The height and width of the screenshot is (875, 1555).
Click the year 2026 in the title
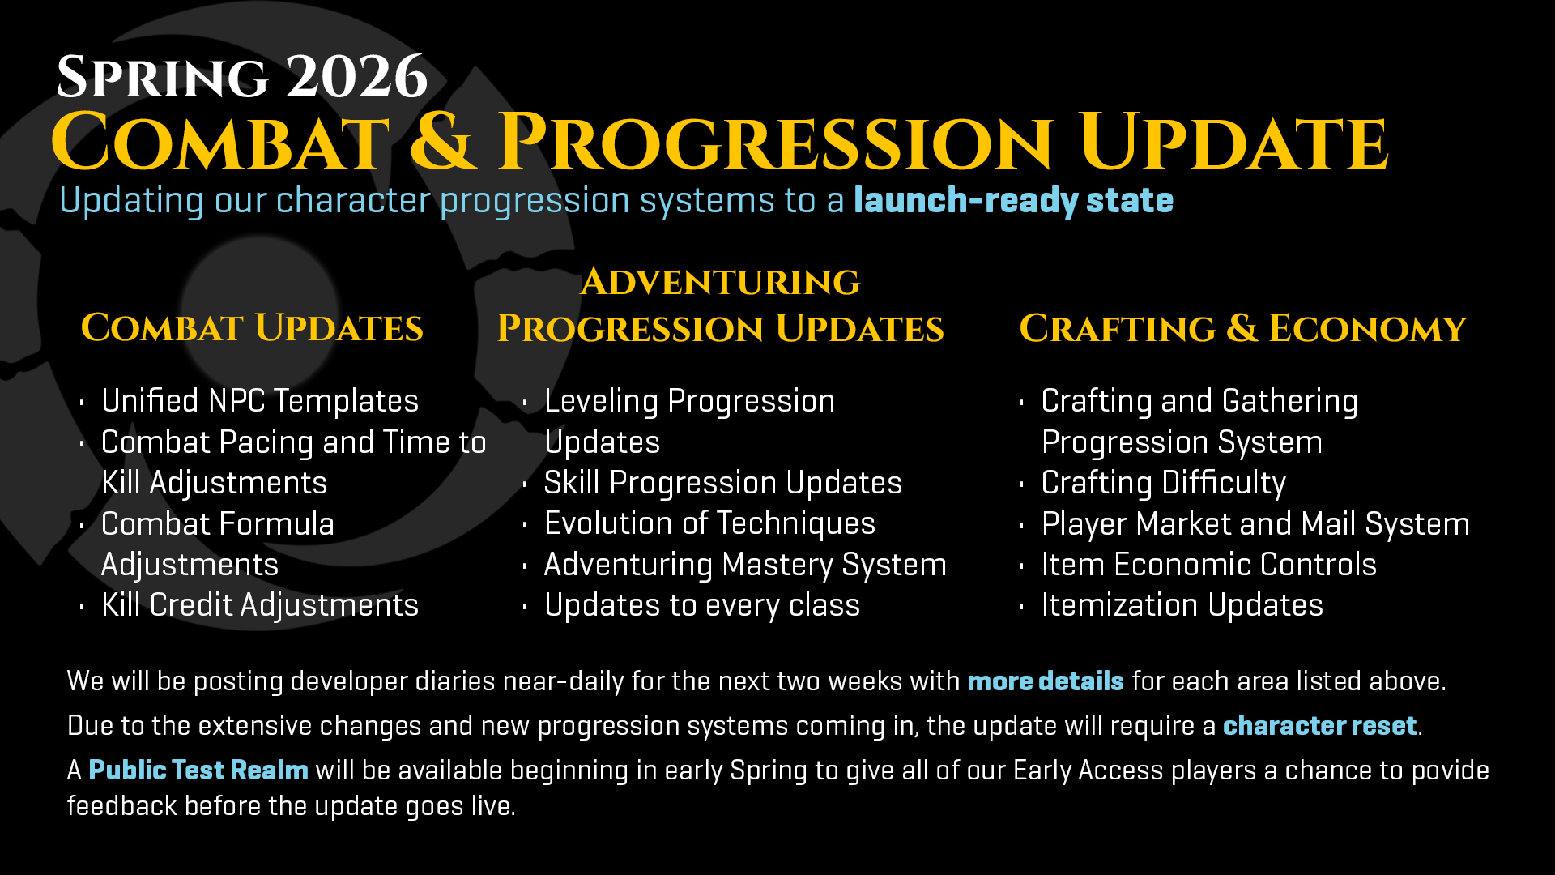pos(356,77)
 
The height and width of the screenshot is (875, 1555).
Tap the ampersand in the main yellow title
pos(443,142)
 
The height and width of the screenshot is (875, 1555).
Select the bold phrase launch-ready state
pos(1013,200)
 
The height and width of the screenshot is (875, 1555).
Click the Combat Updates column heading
pos(252,328)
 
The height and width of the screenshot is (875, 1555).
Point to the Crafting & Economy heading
pos(1243,328)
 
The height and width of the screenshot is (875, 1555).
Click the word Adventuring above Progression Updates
pos(720,282)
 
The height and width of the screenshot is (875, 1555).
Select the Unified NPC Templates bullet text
pos(260,401)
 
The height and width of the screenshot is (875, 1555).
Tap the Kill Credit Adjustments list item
pos(260,605)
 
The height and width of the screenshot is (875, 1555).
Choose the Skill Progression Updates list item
pos(722,483)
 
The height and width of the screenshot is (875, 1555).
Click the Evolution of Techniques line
pos(709,523)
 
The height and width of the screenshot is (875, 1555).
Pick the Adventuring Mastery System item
pos(745,565)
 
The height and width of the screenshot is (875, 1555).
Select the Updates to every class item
pos(701,605)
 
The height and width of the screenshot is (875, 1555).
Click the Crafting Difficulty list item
pos(1163,483)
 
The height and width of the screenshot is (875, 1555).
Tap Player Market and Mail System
pos(1255,524)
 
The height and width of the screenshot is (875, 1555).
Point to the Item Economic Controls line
pos(1208,565)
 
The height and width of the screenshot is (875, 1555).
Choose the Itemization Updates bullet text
pos(1182,605)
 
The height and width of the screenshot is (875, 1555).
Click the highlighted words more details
pos(1046,681)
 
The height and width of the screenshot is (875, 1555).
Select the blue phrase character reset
pos(1319,726)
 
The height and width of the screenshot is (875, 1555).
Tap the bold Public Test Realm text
pos(198,770)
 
